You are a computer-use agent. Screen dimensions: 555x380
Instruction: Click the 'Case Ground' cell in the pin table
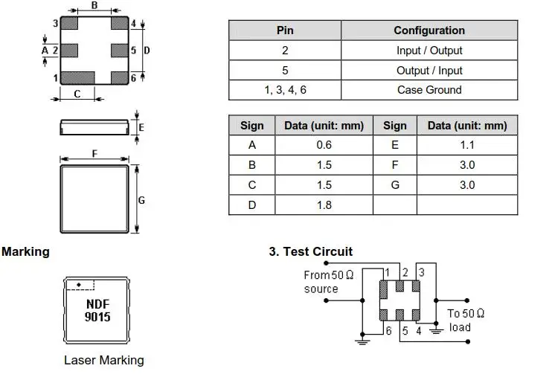(429, 90)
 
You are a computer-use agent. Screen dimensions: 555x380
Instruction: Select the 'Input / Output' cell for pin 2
(429, 51)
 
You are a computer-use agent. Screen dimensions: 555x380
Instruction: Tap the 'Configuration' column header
(429, 30)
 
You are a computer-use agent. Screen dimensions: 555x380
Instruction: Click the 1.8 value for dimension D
(324, 205)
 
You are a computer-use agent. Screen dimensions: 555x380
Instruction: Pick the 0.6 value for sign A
(324, 145)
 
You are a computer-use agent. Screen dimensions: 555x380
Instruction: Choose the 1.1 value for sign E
(467, 145)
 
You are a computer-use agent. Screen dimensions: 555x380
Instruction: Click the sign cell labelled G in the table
(394, 184)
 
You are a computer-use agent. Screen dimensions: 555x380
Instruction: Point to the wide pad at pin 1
(78, 78)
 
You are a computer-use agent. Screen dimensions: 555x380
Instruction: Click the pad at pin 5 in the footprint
(119, 51)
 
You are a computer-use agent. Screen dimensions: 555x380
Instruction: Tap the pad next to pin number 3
(69, 23)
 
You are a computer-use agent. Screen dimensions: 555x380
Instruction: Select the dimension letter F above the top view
(94, 153)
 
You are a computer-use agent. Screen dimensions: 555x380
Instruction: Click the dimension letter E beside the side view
(141, 127)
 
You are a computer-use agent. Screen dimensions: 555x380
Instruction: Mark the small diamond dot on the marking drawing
(79, 285)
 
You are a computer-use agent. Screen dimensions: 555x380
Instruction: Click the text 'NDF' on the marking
(97, 304)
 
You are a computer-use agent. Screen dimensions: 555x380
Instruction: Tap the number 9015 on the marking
(97, 317)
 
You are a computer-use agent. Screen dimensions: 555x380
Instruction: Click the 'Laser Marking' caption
(104, 360)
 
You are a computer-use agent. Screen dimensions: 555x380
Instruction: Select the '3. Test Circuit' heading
(310, 251)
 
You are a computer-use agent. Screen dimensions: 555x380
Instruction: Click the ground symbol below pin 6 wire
(362, 341)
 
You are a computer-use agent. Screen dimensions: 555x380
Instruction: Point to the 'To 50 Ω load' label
(465, 321)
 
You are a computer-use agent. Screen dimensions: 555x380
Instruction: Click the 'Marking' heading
(25, 252)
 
